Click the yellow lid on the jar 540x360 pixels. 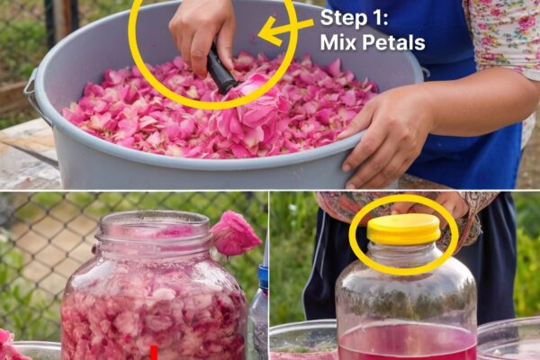point(403,229)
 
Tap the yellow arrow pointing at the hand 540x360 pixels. point(285,30)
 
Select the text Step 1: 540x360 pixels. point(355,18)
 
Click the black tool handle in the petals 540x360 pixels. point(220,70)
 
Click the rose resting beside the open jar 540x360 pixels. point(235,233)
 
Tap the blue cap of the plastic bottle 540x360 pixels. point(264,277)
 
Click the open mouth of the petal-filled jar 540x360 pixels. point(154,224)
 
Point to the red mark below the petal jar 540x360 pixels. point(154,353)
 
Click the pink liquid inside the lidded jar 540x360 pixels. point(408,342)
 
